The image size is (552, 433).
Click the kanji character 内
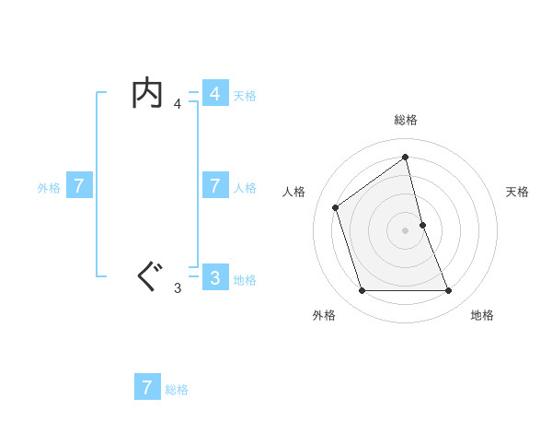[x=148, y=94]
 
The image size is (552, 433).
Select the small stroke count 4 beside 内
[x=178, y=104]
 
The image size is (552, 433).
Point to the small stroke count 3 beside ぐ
[x=178, y=288]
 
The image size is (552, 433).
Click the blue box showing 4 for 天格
[x=214, y=94]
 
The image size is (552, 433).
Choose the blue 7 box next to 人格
[x=214, y=186]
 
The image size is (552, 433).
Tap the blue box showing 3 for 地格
[x=214, y=277]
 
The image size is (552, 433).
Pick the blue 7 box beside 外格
[x=79, y=186]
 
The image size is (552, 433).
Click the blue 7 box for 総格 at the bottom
[x=147, y=387]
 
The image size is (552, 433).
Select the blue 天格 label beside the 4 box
[x=245, y=95]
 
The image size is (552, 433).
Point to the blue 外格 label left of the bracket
[x=49, y=187]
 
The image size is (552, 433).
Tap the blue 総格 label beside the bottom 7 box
[x=177, y=390]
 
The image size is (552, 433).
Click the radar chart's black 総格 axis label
[x=406, y=120]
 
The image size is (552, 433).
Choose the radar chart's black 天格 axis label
[x=518, y=192]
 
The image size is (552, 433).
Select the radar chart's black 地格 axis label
[x=482, y=315]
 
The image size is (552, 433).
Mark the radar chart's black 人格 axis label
[x=293, y=192]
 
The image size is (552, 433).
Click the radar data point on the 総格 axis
[x=406, y=156]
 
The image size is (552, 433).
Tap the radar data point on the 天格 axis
[x=422, y=225]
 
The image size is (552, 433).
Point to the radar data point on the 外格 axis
[x=362, y=291]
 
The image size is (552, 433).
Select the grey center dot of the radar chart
[x=406, y=229]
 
